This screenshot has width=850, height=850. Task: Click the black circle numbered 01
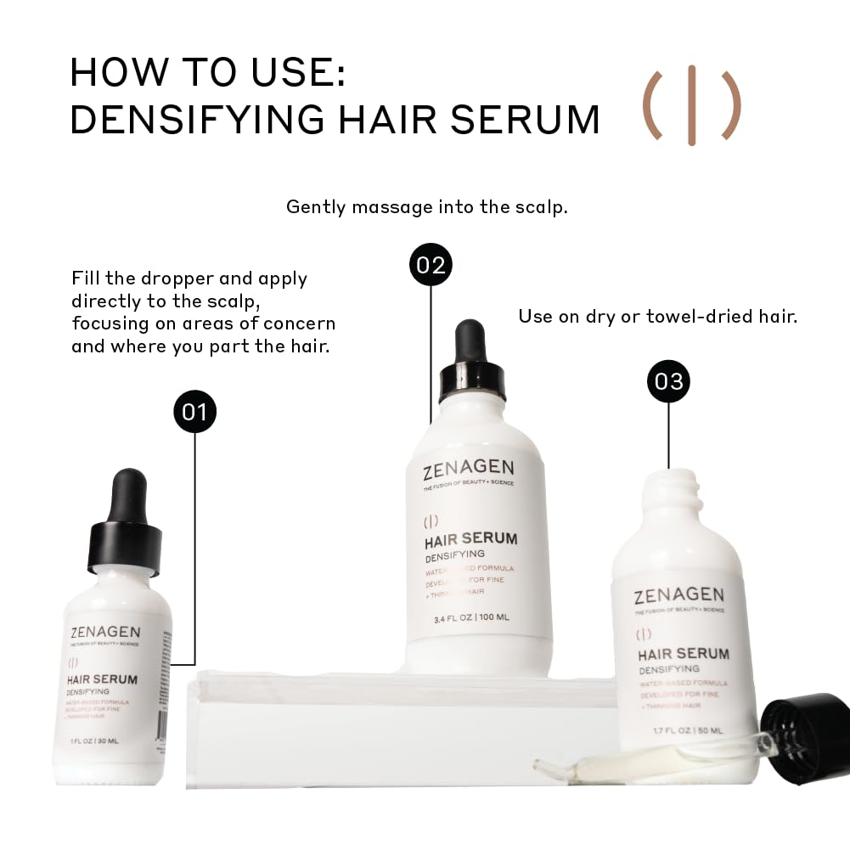194,412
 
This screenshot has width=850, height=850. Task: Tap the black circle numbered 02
431,265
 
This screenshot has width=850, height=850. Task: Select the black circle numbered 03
668,381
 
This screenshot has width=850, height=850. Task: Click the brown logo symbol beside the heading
691,105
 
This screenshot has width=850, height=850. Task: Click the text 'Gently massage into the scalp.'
426,206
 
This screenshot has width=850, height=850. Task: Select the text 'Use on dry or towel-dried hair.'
657,317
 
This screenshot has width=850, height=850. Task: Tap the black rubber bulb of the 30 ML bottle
129,492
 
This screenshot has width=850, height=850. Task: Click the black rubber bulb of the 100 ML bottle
469,341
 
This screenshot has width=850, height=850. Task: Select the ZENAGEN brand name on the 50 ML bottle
678,595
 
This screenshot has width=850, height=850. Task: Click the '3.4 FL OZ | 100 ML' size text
471,617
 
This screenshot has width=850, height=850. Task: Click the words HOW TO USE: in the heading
208,72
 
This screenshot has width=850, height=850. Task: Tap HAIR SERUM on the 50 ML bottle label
683,654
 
